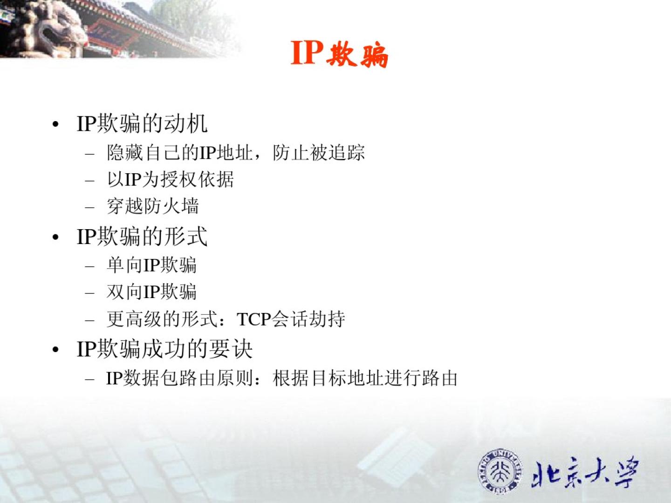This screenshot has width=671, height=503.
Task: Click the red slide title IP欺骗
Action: tap(339, 54)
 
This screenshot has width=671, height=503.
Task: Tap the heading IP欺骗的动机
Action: tap(142, 124)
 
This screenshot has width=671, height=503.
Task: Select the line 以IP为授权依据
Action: tap(170, 179)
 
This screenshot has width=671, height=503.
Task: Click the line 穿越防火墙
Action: tap(153, 206)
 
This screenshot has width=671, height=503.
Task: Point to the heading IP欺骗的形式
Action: tap(142, 236)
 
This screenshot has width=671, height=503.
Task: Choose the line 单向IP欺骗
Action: tap(151, 265)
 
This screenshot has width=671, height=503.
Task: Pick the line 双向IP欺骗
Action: tap(151, 292)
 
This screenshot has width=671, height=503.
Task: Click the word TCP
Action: tap(254, 319)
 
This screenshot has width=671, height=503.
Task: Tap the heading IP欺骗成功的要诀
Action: tap(165, 349)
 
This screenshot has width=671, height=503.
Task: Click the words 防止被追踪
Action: tap(319, 152)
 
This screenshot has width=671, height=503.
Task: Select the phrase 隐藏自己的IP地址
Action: tap(180, 152)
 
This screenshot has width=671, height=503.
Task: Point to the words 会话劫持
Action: tap(308, 319)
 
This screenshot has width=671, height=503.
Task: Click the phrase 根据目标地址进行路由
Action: tap(365, 378)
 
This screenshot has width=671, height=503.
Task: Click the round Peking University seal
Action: tap(500, 470)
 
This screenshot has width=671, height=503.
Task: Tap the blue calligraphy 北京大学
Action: tap(584, 472)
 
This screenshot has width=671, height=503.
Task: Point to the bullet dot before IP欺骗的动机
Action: tap(55, 125)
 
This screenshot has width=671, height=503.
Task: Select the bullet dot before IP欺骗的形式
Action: tap(55, 238)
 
